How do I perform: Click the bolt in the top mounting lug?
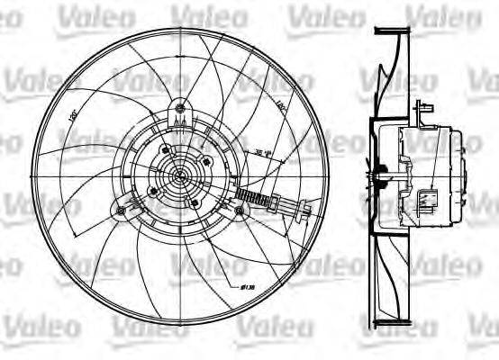pos(181,107)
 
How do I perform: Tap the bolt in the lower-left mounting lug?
pos(121,211)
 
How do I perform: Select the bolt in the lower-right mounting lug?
pos(240,210)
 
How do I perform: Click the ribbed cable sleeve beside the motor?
pos(265,202)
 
